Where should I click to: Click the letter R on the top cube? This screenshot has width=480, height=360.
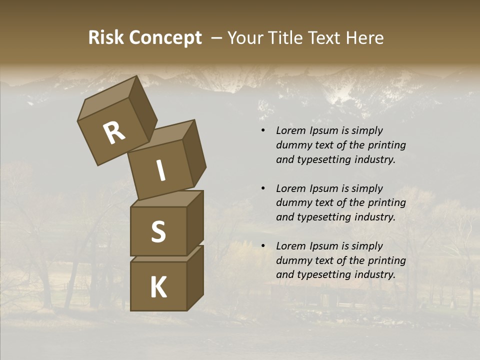pos(114,132)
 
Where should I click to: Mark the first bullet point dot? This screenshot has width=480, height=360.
pos(263,131)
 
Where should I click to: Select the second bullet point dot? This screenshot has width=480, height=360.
pos(263,188)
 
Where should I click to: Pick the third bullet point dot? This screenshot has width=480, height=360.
pos(263,246)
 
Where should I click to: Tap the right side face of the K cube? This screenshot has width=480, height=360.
pos(195,277)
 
